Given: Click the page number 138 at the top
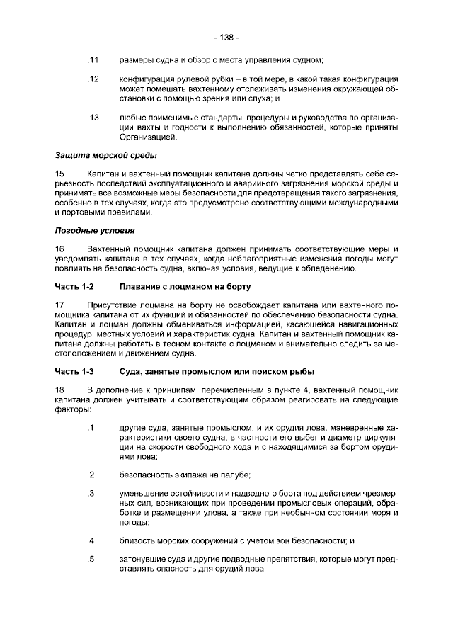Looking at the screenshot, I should tap(226, 36).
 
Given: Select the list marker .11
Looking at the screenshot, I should tap(91, 59).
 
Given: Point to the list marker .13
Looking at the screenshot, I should tap(91, 117).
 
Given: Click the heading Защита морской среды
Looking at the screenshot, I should tap(105, 154).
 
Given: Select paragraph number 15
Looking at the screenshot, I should tap(59, 174).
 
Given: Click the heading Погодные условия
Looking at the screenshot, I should tap(94, 230).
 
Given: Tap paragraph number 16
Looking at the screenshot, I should tap(59, 249).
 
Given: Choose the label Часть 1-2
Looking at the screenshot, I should tap(74, 286).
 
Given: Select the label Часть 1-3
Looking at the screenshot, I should tap(74, 371).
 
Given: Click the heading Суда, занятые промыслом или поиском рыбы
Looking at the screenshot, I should tap(217, 371).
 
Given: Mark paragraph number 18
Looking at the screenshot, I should tap(59, 390).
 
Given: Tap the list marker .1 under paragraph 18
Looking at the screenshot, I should tap(90, 428).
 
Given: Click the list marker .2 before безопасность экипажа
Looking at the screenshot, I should tap(90, 475).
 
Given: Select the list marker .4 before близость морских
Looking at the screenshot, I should tap(90, 541).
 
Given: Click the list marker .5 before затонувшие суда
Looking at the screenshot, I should tap(90, 560).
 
